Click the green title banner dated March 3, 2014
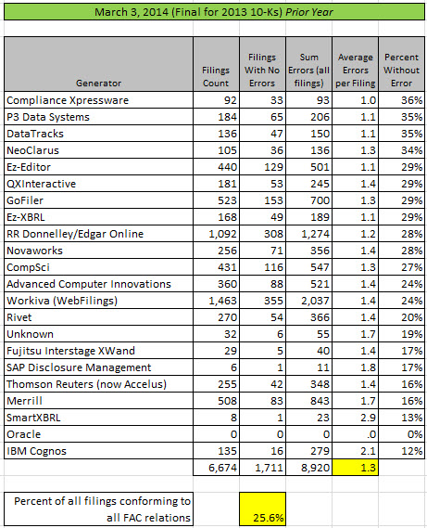point(214,12)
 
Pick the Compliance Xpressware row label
point(68,100)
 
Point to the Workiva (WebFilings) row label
point(62,301)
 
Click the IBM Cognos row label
point(37,451)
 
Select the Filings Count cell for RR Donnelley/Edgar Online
point(216,234)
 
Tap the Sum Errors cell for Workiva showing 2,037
point(309,301)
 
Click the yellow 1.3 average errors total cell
point(356,468)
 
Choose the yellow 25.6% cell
point(262,509)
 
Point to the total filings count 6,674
point(216,468)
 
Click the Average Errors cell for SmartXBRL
point(356,418)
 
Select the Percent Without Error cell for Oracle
point(401,434)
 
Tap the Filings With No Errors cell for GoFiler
point(262,200)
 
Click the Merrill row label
point(24,401)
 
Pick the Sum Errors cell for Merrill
point(309,401)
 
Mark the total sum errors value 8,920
point(309,468)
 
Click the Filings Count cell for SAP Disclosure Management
point(216,367)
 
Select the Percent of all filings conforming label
point(103,509)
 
